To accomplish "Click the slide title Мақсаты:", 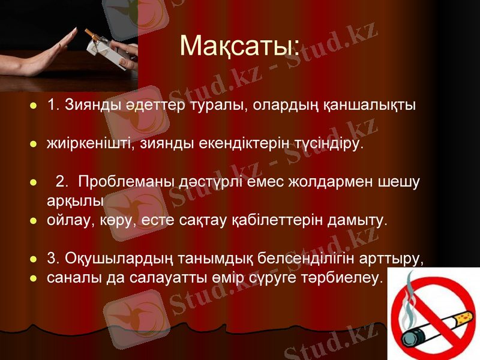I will [x=240, y=46].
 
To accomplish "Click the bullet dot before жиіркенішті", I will [x=34, y=145].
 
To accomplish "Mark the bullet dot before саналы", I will [x=34, y=278].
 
